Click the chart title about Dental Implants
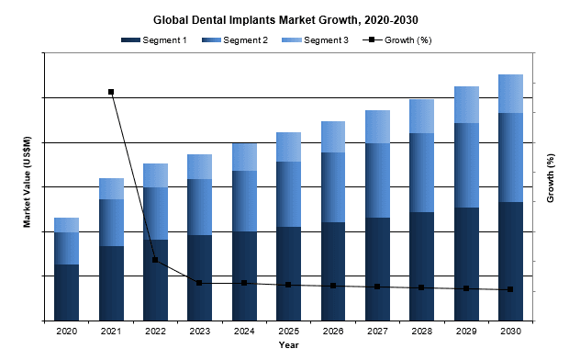click(284, 17)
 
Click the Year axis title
click(288, 345)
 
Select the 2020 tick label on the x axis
click(66, 331)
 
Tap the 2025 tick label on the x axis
click(288, 331)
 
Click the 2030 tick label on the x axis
click(510, 331)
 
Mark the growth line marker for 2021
click(111, 92)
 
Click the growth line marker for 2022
click(155, 260)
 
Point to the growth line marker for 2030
click(510, 289)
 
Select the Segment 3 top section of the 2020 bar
click(66, 225)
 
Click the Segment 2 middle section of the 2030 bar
click(510, 157)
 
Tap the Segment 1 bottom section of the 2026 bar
click(333, 271)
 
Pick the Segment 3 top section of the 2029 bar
click(466, 105)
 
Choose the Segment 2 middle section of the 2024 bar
click(244, 201)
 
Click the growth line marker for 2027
click(377, 287)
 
